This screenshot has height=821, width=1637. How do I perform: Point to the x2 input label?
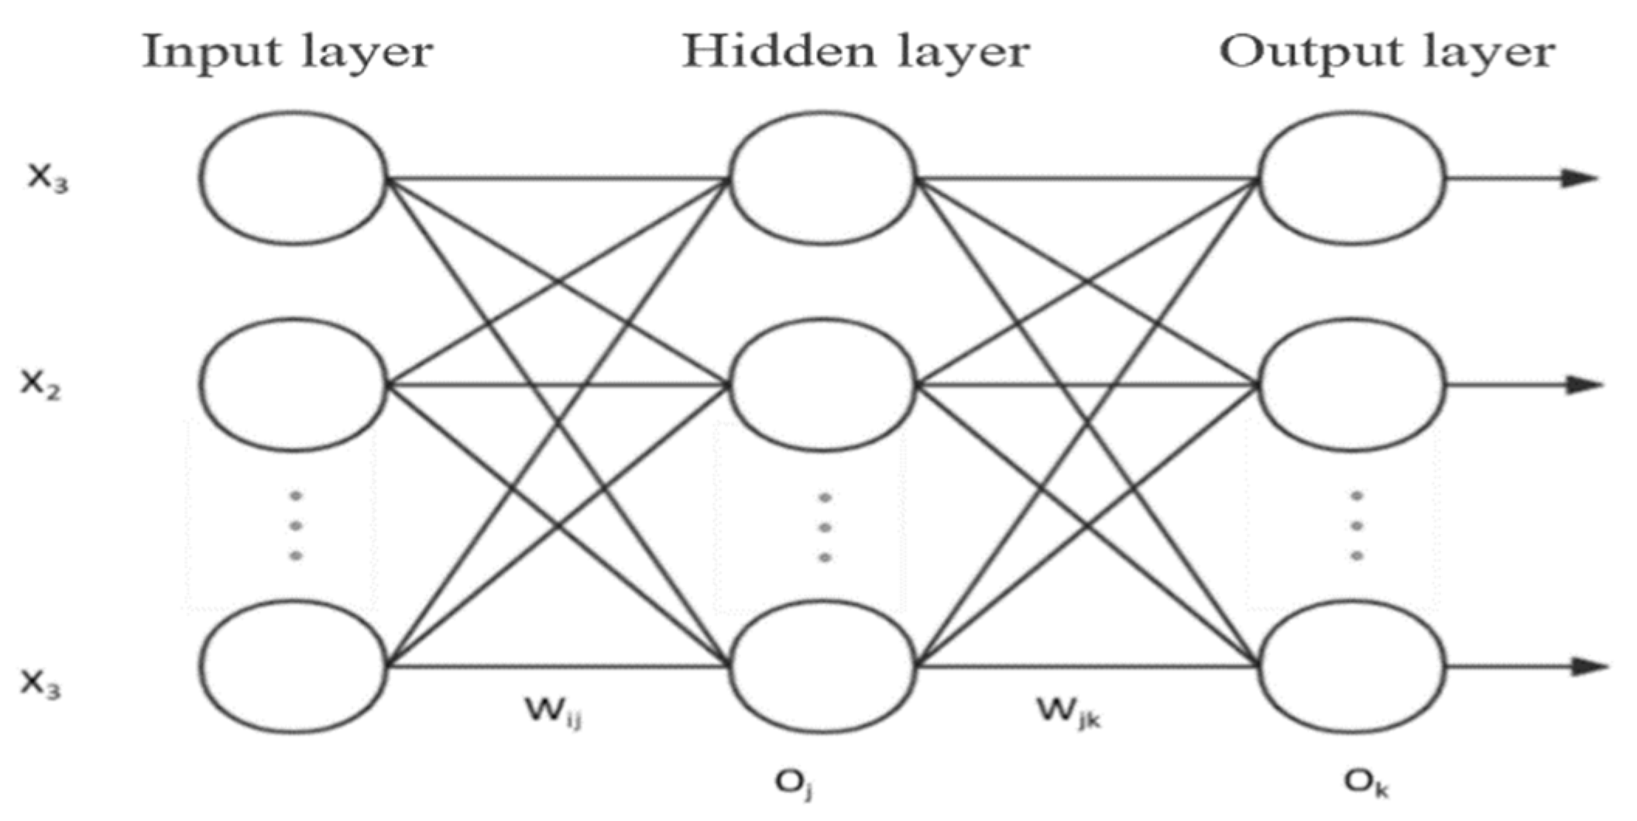[40, 383]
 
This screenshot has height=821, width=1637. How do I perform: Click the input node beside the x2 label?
[293, 385]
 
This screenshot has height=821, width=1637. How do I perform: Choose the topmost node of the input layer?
[293, 178]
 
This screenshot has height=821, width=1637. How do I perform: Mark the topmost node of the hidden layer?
[822, 178]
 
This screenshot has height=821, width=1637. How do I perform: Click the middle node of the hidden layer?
[822, 385]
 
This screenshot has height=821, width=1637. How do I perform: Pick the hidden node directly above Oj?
[822, 666]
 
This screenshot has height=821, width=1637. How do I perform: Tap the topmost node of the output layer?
[1352, 178]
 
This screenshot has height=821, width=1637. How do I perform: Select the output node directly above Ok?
[1352, 666]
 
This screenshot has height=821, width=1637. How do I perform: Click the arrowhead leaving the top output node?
[1580, 178]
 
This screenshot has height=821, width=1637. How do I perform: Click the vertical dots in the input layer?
[295, 525]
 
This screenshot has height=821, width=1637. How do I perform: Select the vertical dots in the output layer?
[1357, 525]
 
